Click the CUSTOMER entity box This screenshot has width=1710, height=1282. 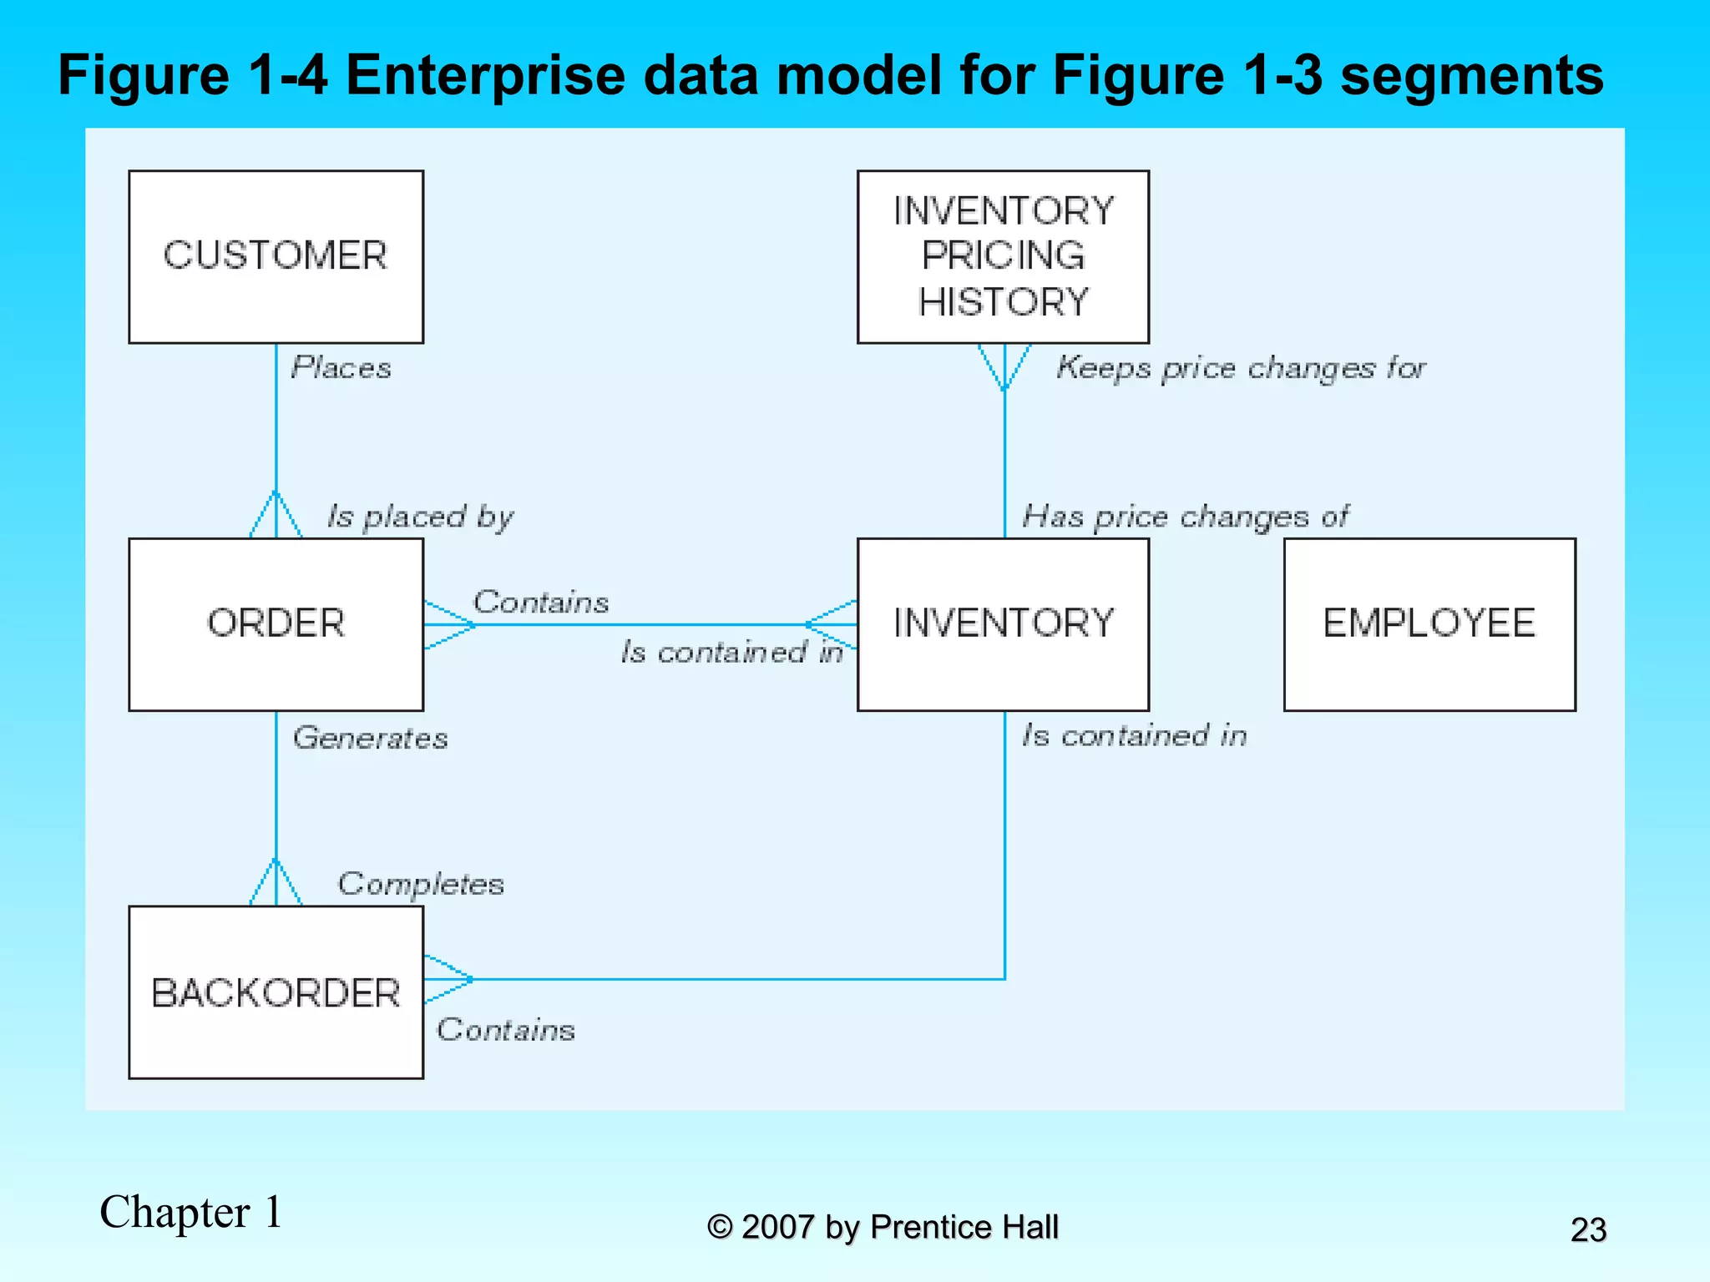coord(276,256)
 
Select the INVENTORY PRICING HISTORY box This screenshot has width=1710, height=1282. coord(1003,256)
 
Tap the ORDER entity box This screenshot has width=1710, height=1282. coord(276,623)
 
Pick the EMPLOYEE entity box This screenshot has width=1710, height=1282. coord(1429,623)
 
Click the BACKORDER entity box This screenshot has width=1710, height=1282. coord(276,992)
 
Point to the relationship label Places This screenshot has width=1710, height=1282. coord(341,368)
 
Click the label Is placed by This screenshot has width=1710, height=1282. coord(420,517)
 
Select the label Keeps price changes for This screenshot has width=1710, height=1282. coord(1241,368)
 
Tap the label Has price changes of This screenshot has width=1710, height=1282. coord(1185,517)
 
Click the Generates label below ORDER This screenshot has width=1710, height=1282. coord(370,738)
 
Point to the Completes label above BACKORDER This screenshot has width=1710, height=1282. coord(421,884)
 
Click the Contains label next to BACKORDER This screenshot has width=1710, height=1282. coord(506,1030)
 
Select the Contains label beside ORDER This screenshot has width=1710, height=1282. coord(541,602)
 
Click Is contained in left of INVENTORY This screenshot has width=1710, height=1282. coord(731,652)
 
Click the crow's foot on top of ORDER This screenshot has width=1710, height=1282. coord(276,515)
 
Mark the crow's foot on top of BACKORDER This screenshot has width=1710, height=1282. coord(276,883)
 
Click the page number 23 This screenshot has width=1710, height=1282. coord(1587,1229)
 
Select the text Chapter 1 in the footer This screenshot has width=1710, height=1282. coord(191,1212)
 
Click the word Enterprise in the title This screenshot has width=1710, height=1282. coord(484,75)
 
